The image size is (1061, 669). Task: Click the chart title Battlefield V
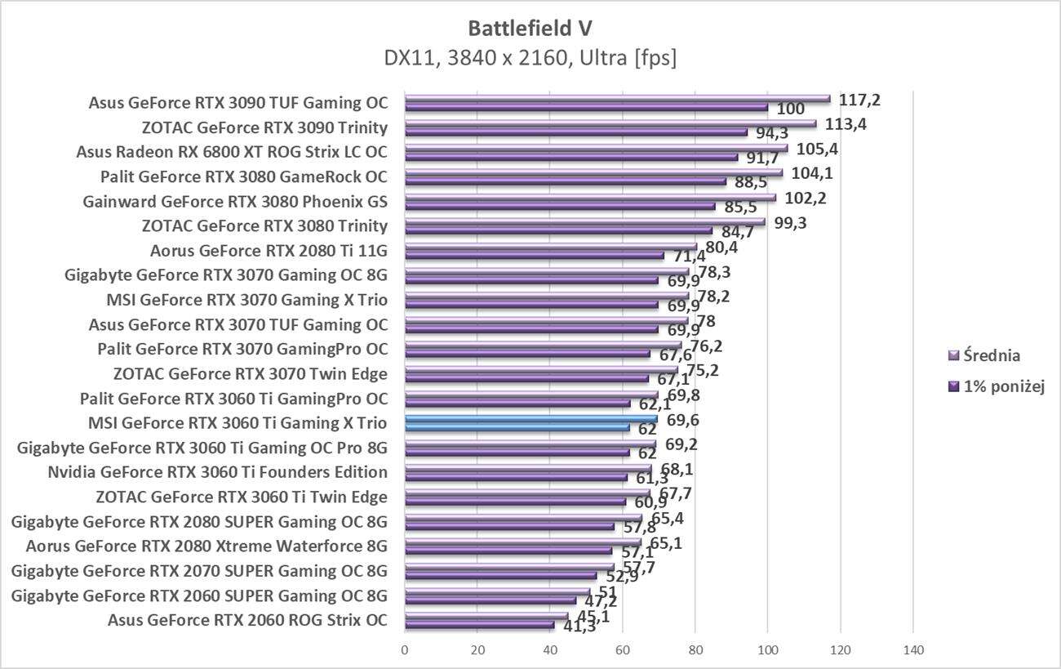[530, 29]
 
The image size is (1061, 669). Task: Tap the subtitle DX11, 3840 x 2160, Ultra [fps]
[530, 58]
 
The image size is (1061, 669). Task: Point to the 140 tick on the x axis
[912, 651]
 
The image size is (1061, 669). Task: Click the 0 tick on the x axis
[405, 651]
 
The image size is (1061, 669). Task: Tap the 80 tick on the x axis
[695, 651]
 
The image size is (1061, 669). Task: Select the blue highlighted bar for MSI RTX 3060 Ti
[530, 420]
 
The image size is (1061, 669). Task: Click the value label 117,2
[859, 100]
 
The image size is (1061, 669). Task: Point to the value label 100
[791, 109]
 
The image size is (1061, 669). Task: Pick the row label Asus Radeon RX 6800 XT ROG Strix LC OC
[232, 152]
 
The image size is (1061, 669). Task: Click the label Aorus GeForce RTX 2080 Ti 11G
[269, 251]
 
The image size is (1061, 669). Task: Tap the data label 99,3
[790, 222]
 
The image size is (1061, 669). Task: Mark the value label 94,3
[770, 134]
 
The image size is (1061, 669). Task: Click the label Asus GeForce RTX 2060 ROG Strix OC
[247, 620]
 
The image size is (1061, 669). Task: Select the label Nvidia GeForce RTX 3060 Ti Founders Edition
[218, 472]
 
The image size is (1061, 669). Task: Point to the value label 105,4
[819, 149]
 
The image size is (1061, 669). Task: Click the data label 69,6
[682, 421]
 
